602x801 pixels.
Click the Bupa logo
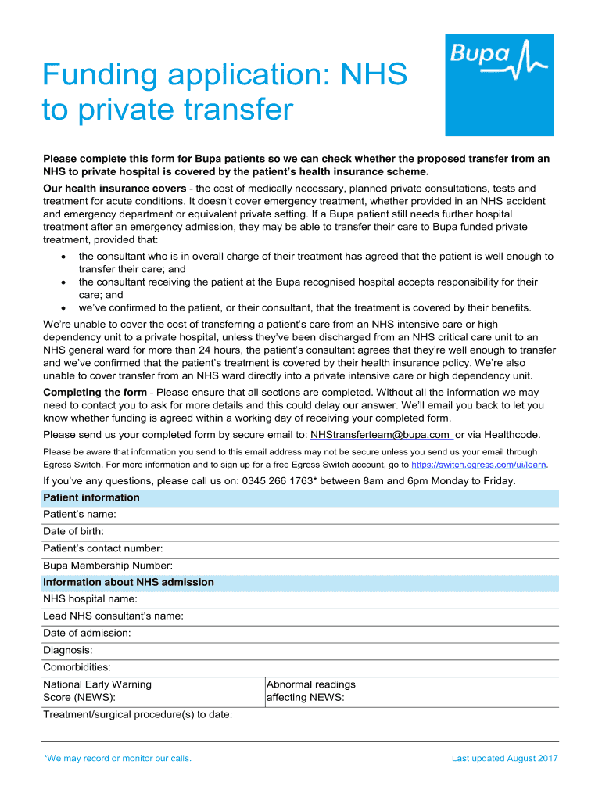coord(499,84)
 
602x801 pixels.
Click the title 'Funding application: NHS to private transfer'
coord(224,92)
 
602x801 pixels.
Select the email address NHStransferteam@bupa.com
coord(380,434)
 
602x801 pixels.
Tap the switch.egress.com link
coord(484,464)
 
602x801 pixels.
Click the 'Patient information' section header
coord(91,497)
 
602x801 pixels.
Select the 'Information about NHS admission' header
coord(128,582)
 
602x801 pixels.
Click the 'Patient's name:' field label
coord(80,514)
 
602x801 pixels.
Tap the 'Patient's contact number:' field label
coord(102,548)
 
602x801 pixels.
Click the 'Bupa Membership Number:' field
coord(108,566)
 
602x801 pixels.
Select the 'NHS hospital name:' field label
coord(90,598)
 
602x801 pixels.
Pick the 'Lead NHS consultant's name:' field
coord(113,616)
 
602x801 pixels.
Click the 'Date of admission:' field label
coord(87,633)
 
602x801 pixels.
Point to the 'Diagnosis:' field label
coord(68,650)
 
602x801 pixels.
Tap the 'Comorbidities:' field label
coord(77,667)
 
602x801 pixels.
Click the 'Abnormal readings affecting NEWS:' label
coord(311,691)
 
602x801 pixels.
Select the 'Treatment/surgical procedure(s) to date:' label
coord(138,714)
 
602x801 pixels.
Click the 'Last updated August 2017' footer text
coord(505,758)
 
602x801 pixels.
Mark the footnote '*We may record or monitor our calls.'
coord(118,758)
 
